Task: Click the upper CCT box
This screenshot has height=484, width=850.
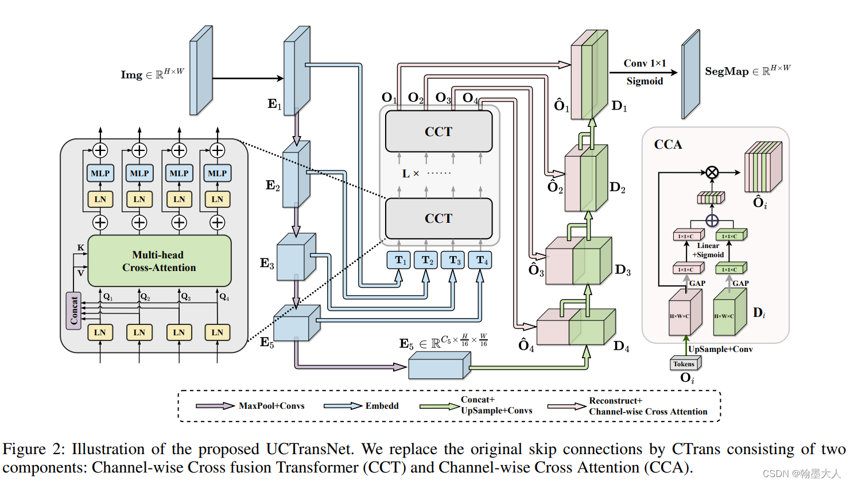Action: pyautogui.click(x=438, y=131)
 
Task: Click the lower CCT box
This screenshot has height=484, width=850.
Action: pyautogui.click(x=438, y=218)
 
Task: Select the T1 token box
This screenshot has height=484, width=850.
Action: pyautogui.click(x=399, y=260)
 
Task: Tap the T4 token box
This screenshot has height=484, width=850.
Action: pyautogui.click(x=480, y=260)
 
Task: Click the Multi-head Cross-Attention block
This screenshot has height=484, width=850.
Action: pyautogui.click(x=159, y=261)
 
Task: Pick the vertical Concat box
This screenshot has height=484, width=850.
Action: pyautogui.click(x=73, y=311)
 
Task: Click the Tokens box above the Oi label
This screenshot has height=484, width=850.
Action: pyautogui.click(x=684, y=364)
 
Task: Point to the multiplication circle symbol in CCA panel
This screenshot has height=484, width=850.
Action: pyautogui.click(x=712, y=172)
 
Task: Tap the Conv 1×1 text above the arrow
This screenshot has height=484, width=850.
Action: pyautogui.click(x=645, y=63)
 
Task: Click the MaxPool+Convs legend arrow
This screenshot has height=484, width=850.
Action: pyautogui.click(x=215, y=406)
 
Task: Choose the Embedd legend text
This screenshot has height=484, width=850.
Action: pyautogui.click(x=382, y=406)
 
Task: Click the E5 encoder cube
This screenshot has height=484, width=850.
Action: pyautogui.click(x=296, y=324)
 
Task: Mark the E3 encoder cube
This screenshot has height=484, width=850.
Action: pyautogui.click(x=296, y=258)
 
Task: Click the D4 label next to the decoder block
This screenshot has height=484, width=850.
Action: pyautogui.click(x=621, y=346)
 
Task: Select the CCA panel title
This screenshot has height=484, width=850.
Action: pyautogui.click(x=668, y=145)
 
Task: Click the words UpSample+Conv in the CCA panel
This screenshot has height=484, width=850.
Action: pyautogui.click(x=720, y=349)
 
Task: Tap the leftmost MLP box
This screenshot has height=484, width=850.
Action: pyautogui.click(x=100, y=173)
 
